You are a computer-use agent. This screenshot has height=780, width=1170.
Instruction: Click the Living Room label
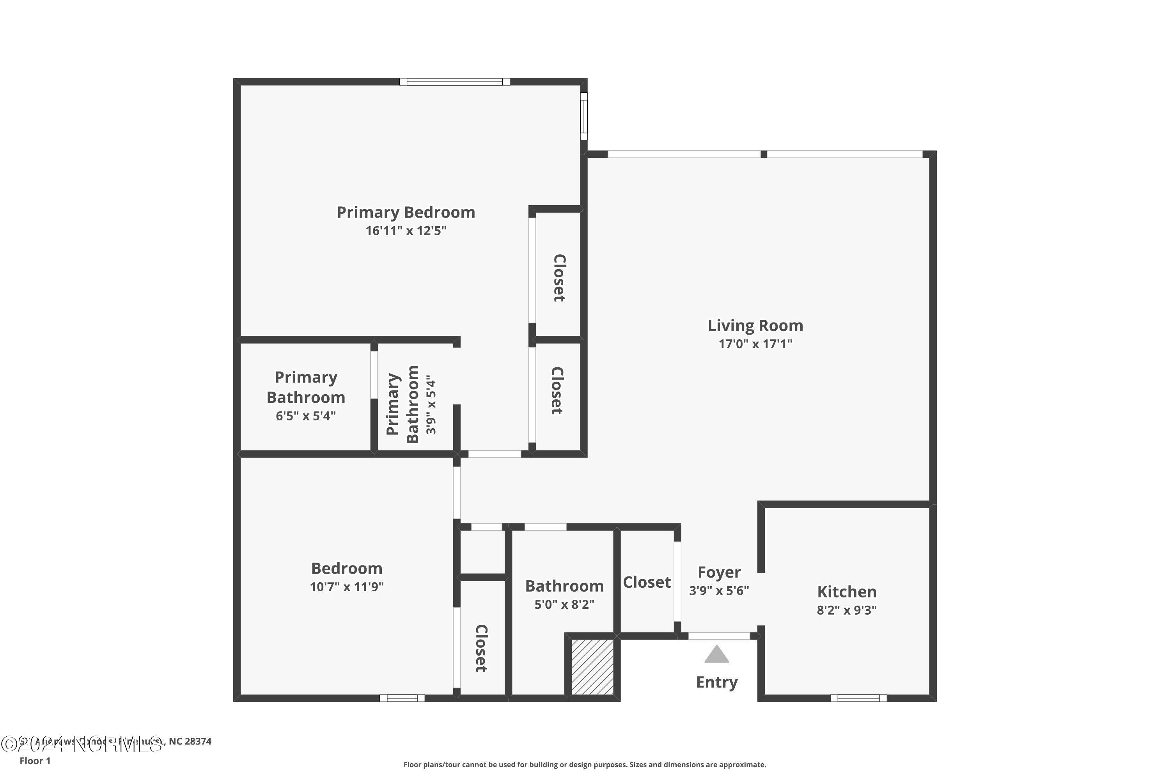coord(755,326)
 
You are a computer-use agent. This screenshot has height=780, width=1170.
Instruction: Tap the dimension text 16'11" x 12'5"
coord(406,231)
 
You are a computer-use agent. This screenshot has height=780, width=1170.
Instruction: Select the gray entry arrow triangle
coord(716,655)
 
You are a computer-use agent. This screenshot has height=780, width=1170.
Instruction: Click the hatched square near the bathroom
coord(592,667)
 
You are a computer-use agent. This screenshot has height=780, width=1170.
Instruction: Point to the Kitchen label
coord(847,592)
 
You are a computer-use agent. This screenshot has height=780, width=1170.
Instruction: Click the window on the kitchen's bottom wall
coord(858,698)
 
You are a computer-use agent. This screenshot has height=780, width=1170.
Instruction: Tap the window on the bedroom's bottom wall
coord(402,698)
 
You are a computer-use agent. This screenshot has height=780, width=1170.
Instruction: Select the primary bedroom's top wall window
coord(455,82)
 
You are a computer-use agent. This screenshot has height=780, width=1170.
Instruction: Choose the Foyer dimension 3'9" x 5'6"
coord(719,590)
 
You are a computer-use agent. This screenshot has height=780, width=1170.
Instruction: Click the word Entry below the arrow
coord(716,682)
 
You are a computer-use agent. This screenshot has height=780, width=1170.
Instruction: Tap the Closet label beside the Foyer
coord(647,582)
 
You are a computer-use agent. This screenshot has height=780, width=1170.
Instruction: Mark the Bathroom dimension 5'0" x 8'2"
coord(564,604)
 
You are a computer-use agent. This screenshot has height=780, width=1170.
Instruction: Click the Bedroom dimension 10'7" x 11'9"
coord(347,587)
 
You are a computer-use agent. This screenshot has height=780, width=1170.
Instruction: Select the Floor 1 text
coord(35,760)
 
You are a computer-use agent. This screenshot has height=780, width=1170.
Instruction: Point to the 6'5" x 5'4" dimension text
coord(305,416)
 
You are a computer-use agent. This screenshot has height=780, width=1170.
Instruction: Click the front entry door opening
coord(719,636)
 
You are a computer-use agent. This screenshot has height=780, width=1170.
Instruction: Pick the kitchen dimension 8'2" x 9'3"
coord(847,610)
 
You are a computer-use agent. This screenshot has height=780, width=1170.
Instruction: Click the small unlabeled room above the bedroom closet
coord(482,552)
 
